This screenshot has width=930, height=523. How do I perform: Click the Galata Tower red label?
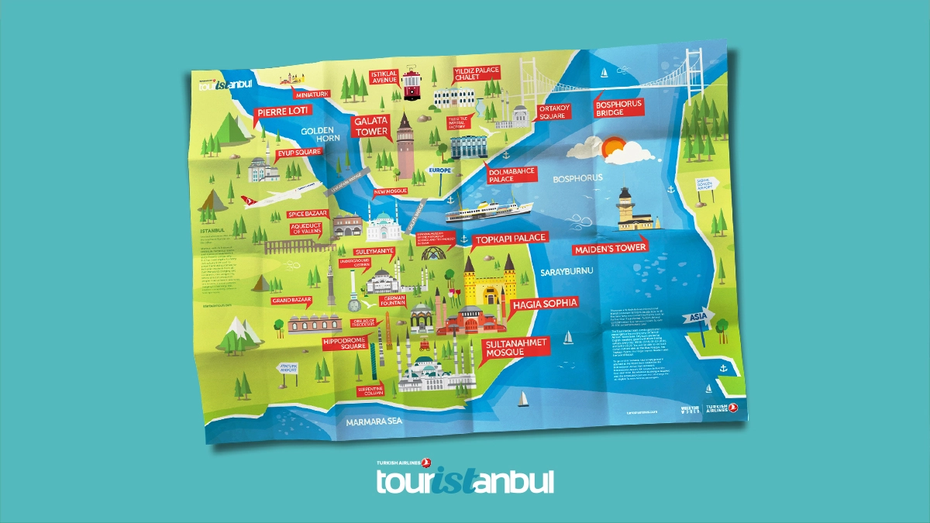[x=370, y=126]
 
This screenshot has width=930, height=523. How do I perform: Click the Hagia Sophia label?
[x=544, y=305]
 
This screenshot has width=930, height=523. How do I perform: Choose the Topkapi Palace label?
[x=509, y=239]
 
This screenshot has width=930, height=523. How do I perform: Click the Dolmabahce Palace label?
[x=511, y=174]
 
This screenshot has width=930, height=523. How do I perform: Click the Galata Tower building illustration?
[x=405, y=147]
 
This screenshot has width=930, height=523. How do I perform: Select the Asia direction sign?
[x=695, y=318]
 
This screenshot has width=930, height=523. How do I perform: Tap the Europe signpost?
[x=439, y=169]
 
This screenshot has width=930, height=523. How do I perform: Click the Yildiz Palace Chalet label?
[x=477, y=74]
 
